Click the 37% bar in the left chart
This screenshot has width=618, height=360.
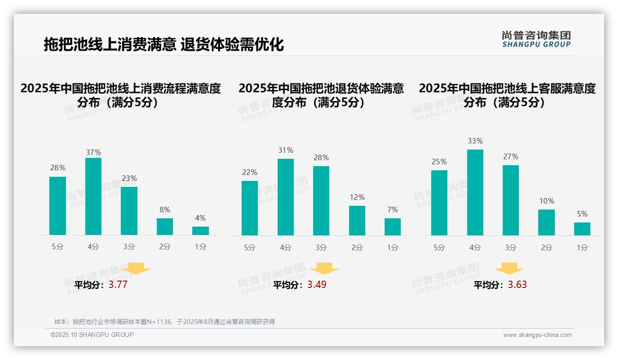click(x=93, y=196)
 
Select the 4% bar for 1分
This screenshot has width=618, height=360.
click(x=201, y=231)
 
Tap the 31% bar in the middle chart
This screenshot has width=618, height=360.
click(x=285, y=197)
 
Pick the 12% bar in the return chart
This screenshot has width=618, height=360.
click(x=357, y=221)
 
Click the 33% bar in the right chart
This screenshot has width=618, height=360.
click(x=475, y=192)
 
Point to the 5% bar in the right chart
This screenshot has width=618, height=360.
click(x=582, y=229)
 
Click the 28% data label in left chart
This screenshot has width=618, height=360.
click(x=58, y=168)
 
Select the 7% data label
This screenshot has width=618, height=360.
click(x=392, y=210)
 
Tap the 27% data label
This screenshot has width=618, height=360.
click(x=511, y=157)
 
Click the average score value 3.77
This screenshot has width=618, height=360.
click(x=118, y=285)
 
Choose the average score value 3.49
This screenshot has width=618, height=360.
click(x=317, y=285)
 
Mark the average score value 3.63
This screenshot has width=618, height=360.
click(x=517, y=285)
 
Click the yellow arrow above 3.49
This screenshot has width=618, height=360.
click(x=325, y=268)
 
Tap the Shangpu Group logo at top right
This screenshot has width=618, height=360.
click(x=536, y=39)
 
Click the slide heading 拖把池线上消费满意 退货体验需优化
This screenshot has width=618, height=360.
click(x=164, y=44)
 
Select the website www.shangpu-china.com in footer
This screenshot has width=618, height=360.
click(x=537, y=335)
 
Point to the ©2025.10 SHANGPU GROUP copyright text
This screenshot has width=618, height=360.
click(x=92, y=335)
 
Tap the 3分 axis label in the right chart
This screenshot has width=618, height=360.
click(x=511, y=247)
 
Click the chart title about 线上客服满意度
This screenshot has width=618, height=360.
click(x=507, y=95)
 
